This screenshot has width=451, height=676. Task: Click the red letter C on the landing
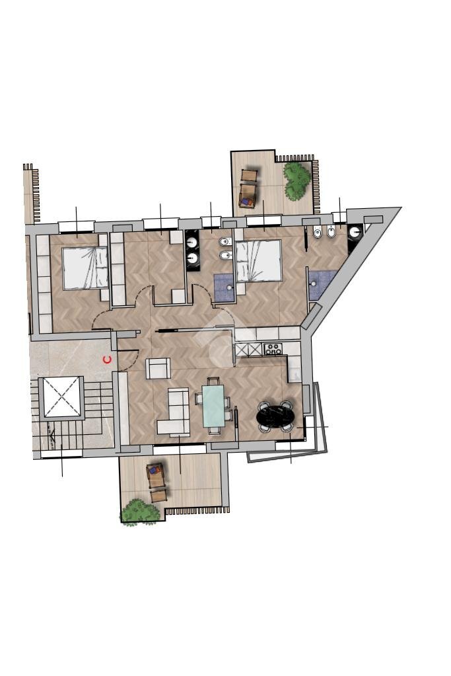pyautogui.click(x=107, y=359)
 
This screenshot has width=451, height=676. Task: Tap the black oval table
pyautogui.click(x=275, y=416)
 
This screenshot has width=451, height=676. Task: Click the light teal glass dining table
pyautogui.click(x=213, y=406)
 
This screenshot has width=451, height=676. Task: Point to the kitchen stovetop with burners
pyautogui.click(x=273, y=349)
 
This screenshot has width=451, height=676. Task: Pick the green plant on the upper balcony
pyautogui.click(x=297, y=180)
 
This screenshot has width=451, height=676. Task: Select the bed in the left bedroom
pyautogui.click(x=85, y=268)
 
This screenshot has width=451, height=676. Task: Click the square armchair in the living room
pyautogui.click(x=158, y=368)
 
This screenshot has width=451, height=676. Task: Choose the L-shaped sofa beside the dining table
pyautogui.click(x=174, y=411)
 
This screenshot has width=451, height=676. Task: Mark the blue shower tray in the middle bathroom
pyautogui.click(x=224, y=285)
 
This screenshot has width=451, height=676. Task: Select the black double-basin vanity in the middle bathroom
pyautogui.click(x=193, y=250)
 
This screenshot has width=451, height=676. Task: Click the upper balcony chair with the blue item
pyautogui.click(x=247, y=196)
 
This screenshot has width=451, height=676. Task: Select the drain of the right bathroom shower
pyautogui.click(x=314, y=283)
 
